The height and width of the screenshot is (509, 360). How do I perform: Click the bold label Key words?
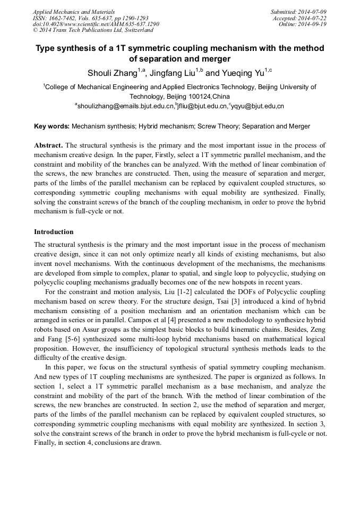[x=52, y=126]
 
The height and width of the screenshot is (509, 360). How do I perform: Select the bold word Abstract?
[x=48, y=145]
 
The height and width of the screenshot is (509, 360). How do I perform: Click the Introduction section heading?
[x=54, y=232]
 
